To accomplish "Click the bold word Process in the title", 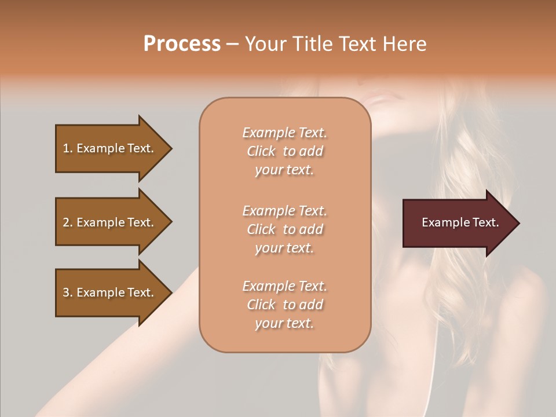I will (182, 44).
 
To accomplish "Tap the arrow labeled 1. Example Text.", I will (110, 148).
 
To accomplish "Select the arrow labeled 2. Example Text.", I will (110, 222).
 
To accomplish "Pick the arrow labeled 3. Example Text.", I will (110, 292).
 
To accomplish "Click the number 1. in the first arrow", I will (68, 148).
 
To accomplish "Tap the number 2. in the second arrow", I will (68, 222).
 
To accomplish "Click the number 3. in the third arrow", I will (68, 292).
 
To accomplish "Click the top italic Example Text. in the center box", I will (284, 133).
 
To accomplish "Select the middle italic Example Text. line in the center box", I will (284, 211).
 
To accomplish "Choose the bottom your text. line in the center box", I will (284, 324).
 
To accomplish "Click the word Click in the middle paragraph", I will (261, 229).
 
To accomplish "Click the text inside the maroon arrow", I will (460, 222).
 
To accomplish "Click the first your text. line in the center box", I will (284, 170).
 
